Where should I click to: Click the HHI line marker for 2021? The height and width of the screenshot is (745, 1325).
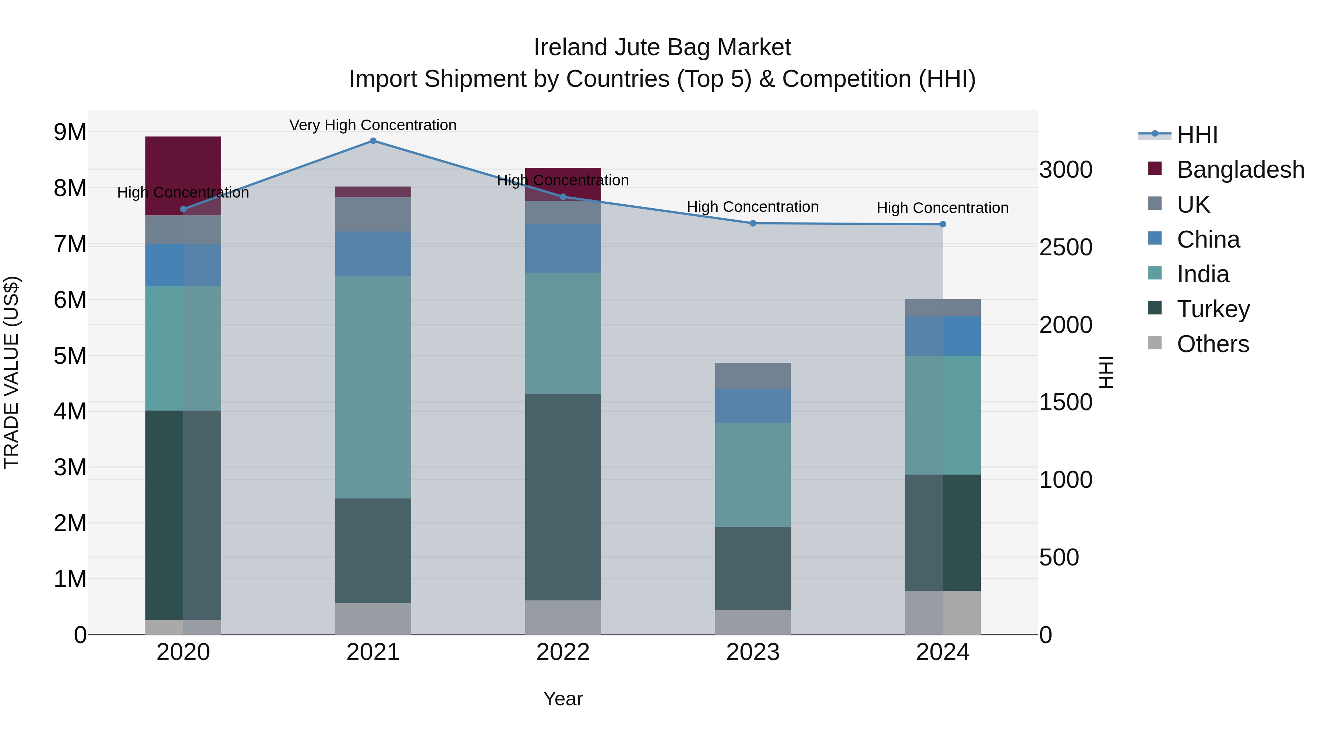[373, 141]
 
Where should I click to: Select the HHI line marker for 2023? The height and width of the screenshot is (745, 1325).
[753, 223]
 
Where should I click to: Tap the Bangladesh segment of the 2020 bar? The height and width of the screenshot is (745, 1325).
[183, 170]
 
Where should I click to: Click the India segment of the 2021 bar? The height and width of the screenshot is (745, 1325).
[373, 387]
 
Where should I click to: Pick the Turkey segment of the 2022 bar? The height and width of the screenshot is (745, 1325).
[563, 497]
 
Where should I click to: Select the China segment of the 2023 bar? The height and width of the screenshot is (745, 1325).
[753, 406]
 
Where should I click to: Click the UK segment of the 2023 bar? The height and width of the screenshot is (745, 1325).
[753, 376]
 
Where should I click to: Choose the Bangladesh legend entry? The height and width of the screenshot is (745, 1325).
[1240, 170]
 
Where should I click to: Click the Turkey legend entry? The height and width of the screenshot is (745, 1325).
[1213, 309]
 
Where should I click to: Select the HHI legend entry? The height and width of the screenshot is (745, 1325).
[1197, 135]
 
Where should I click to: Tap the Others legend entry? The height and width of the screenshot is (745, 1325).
[1212, 344]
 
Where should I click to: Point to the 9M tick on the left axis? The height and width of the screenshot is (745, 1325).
[70, 132]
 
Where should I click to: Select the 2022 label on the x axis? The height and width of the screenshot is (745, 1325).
[563, 652]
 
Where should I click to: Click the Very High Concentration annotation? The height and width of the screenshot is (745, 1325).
[373, 125]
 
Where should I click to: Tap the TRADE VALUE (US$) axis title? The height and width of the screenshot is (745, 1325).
[11, 372]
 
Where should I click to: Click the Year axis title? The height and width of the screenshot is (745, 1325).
[563, 699]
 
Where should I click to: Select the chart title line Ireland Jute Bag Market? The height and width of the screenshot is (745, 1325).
[662, 47]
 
